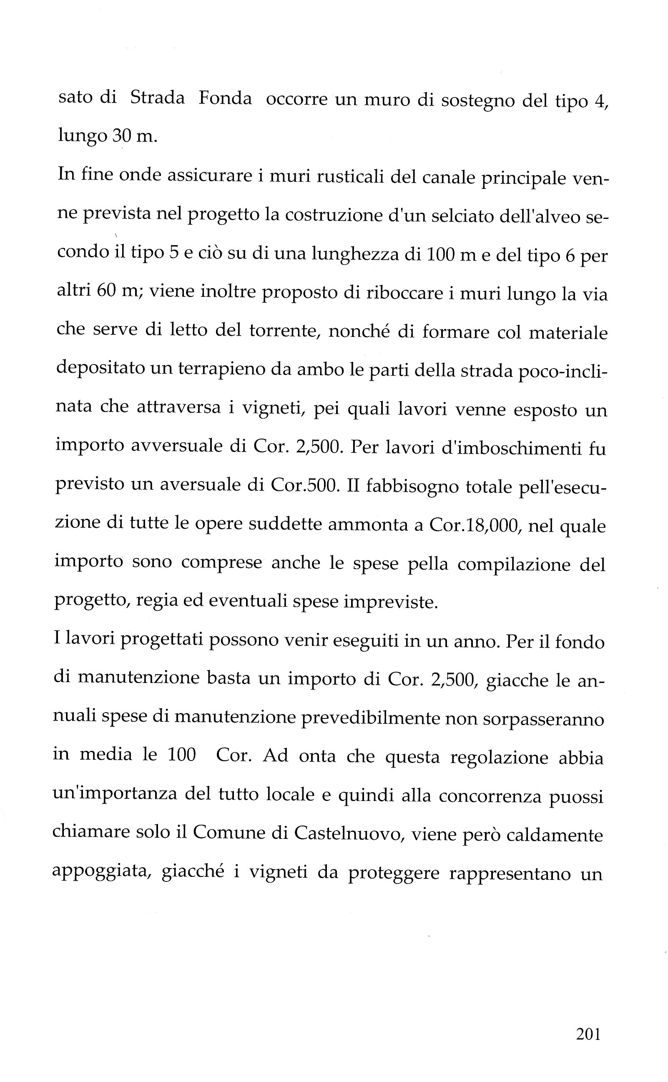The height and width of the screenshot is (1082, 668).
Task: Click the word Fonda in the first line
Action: (x=225, y=98)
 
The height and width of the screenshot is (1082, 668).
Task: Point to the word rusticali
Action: (x=324, y=176)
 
